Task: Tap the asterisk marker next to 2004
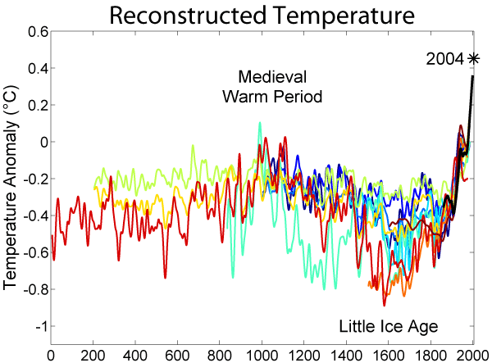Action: (x=473, y=58)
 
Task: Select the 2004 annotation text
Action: (x=445, y=59)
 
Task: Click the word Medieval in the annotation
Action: (x=271, y=78)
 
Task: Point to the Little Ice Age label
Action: (x=389, y=327)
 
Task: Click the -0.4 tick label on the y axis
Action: (x=34, y=216)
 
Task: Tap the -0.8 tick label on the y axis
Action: (x=34, y=289)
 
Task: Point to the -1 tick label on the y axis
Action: (x=39, y=326)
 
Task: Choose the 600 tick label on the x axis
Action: (x=177, y=356)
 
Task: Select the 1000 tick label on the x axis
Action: (x=262, y=356)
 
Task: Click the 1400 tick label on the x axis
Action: (x=346, y=356)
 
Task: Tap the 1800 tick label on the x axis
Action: (x=430, y=356)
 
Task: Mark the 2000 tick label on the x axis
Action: (x=471, y=356)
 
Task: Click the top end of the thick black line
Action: (x=473, y=77)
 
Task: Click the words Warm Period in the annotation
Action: (x=272, y=97)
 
